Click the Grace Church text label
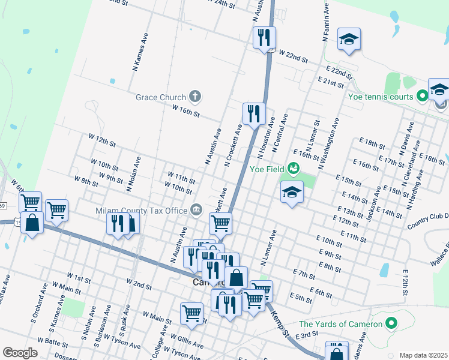(160, 97)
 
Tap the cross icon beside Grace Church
(195, 95)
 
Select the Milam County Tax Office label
(142, 211)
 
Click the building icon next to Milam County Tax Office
(196, 209)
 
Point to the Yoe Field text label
(267, 169)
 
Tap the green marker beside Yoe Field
(294, 169)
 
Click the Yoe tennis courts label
(381, 97)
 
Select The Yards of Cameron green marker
(391, 324)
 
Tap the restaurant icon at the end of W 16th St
(254, 113)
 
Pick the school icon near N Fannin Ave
(349, 40)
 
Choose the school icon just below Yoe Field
(292, 192)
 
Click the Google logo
(20, 352)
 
